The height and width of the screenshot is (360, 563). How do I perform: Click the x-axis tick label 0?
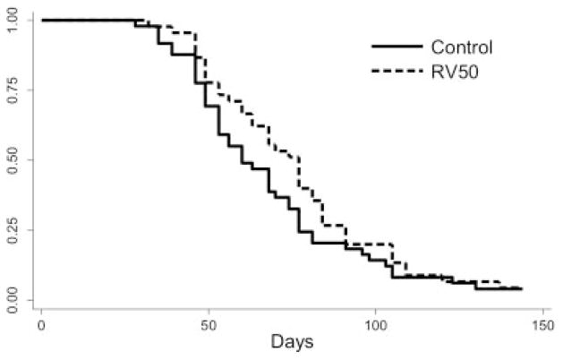click(41, 328)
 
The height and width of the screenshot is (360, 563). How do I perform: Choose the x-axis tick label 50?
click(209, 328)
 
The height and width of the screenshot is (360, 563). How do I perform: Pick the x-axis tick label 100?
click(376, 328)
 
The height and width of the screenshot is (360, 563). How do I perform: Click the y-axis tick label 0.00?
click(12, 299)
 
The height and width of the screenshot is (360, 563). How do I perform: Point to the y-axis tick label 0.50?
click(12, 159)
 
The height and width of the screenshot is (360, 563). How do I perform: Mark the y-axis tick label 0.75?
click(12, 90)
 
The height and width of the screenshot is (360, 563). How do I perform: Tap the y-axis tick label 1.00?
click(12, 20)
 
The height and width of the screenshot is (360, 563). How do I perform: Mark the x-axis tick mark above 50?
click(209, 315)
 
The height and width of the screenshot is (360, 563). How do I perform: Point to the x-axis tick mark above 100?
click(376, 315)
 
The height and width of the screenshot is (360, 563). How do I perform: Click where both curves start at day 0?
click(42, 20)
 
